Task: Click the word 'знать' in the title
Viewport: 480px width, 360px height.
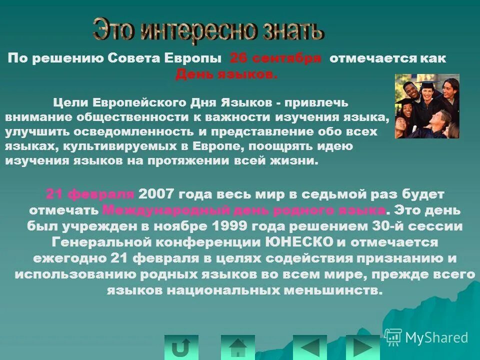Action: point(288,31)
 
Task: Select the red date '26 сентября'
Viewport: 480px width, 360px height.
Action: point(275,58)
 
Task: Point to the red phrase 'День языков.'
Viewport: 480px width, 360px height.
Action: point(226,74)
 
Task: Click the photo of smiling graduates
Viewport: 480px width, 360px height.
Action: point(426,106)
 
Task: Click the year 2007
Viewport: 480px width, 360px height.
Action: point(156,193)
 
